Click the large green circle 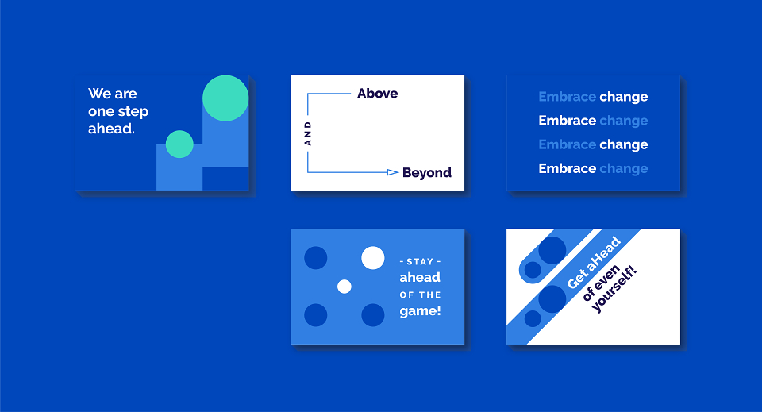point(225,98)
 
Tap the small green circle point(179,144)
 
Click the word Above point(378,94)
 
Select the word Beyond point(427,173)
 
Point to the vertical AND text point(308,133)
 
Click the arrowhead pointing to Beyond point(393,172)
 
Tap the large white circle point(373,257)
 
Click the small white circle point(344,287)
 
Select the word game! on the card point(421,311)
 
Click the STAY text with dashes point(420,261)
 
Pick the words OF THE point(421,295)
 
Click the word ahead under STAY point(420,277)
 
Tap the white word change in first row point(624,97)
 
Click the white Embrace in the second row point(567,121)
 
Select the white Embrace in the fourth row point(567,168)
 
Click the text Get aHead point(594,262)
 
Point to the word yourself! point(614,289)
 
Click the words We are point(112,94)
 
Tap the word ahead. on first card point(111,129)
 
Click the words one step point(118,112)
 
